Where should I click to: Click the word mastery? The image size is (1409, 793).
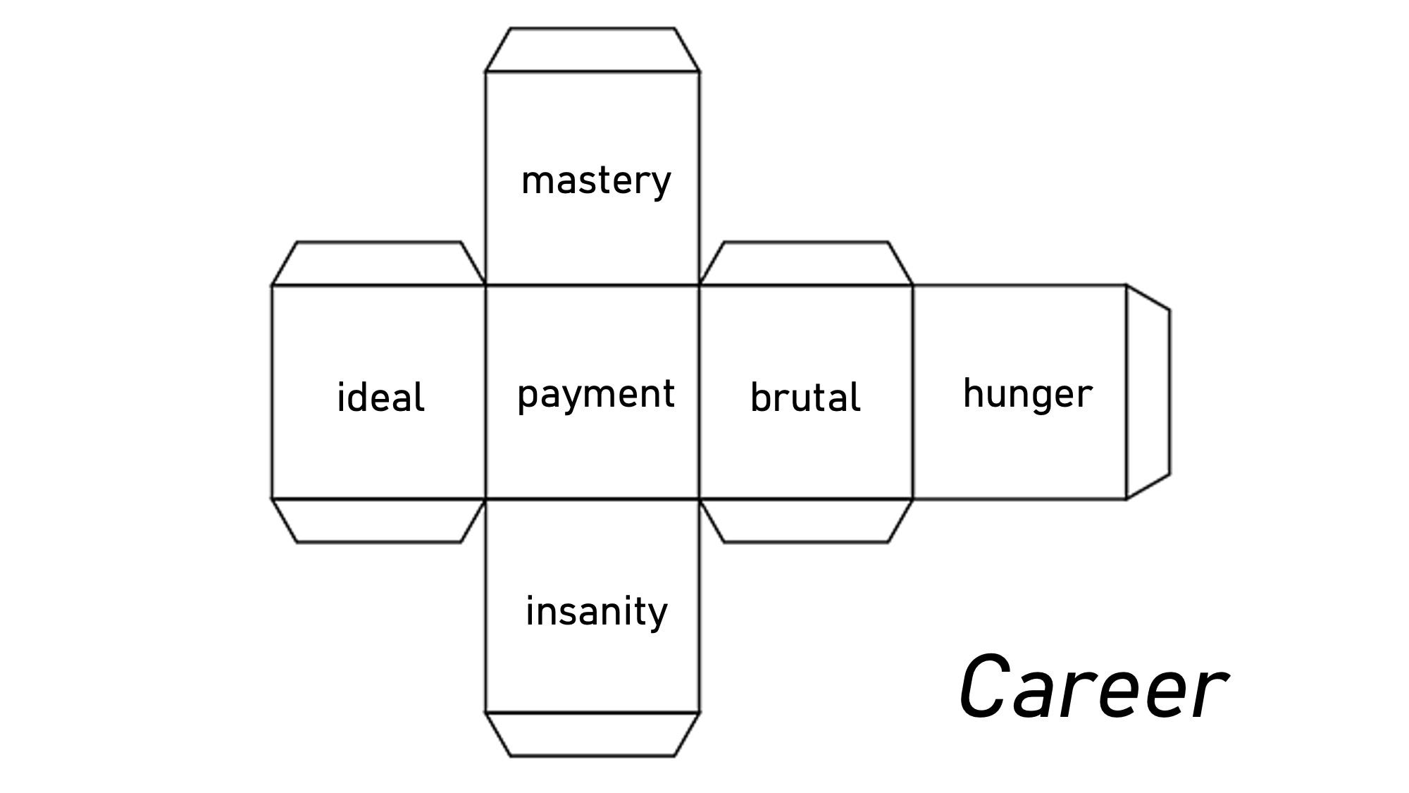tap(595, 181)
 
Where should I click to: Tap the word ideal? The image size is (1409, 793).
tap(380, 398)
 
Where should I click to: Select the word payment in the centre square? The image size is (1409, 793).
tap(595, 395)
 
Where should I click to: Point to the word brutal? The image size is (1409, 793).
tap(805, 398)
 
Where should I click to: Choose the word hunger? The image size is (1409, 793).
tap(1027, 394)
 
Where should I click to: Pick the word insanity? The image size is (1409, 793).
tap(596, 611)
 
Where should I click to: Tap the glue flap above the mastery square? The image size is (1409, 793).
tap(592, 51)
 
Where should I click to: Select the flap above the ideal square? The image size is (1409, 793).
tap(379, 264)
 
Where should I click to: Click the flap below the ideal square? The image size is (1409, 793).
tap(379, 520)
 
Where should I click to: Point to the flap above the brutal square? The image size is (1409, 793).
tap(806, 264)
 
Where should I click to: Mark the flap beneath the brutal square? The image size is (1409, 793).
tap(806, 520)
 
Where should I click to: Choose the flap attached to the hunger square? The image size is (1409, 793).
tap(1147, 392)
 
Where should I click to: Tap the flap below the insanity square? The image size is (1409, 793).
tap(592, 734)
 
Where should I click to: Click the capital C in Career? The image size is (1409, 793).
tap(985, 687)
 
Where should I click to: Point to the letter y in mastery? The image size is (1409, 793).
tap(661, 184)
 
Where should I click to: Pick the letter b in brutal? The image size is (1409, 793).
tap(760, 398)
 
